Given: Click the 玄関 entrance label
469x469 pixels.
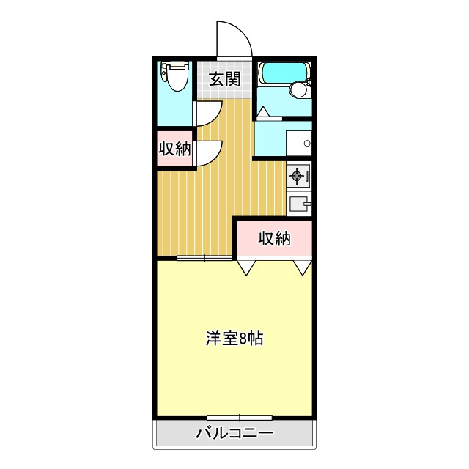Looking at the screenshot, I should point(225,79).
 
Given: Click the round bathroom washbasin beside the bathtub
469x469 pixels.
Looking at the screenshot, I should point(298,89).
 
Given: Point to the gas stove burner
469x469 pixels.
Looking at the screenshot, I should point(297,176).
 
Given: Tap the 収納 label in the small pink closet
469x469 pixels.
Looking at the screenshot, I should point(175,149).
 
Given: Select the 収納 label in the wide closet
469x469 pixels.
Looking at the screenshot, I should point(274,238).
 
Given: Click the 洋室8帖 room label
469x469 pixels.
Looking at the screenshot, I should point(234,339).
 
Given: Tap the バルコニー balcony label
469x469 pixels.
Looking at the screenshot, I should point(234,434).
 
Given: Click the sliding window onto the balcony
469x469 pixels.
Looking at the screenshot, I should point(229,418).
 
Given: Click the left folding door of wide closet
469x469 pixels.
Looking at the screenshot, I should point(245,267).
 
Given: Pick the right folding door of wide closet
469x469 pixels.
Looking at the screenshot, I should point(303,267).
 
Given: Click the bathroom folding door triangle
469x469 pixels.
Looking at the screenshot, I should point(264,112).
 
